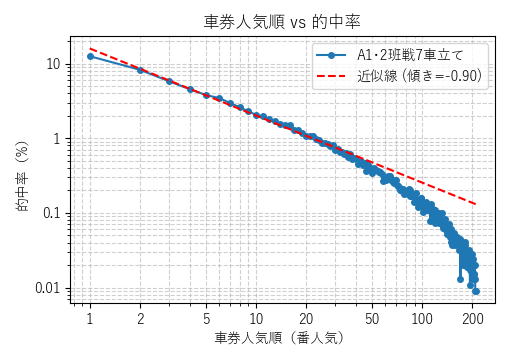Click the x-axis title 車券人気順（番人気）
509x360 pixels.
tap(279, 338)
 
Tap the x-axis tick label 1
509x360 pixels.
tap(90, 318)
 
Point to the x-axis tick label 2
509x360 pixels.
tap(140, 318)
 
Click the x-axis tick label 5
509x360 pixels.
tap(206, 318)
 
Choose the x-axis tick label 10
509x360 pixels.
tap(256, 318)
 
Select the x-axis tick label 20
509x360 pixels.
tap(306, 318)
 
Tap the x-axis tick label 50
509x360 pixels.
tap(372, 318)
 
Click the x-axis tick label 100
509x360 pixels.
tap(422, 318)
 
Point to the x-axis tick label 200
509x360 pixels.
tap(472, 318)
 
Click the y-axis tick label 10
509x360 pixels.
tap(53, 64)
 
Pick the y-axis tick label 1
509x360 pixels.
tap(57, 139)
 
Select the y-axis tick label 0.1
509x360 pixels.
tap(51, 214)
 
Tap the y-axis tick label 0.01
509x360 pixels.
tap(48, 289)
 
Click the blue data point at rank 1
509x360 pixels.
tap(90, 56)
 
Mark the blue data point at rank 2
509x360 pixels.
tap(140, 70)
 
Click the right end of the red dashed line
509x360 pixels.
tap(475, 204)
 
